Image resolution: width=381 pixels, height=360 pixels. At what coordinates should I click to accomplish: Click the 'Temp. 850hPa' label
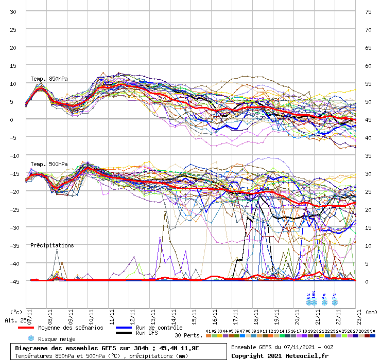click(49, 79)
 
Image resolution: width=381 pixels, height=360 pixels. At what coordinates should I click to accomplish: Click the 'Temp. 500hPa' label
click(49, 164)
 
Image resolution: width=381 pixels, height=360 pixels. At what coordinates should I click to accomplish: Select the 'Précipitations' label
click(52, 245)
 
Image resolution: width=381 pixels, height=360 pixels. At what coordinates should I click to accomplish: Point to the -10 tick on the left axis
click(13, 155)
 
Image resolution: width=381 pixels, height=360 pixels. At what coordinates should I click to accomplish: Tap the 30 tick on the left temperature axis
click(13, 11)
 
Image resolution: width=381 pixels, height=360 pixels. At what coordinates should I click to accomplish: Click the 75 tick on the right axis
click(368, 11)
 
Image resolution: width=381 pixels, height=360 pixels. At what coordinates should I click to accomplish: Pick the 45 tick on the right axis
click(368, 120)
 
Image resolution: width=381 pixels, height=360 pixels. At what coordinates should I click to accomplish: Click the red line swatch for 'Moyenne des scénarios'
click(33, 328)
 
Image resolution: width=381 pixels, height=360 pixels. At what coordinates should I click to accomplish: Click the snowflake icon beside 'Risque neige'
click(30, 338)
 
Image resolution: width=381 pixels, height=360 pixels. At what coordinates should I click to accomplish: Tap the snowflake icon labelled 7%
click(335, 302)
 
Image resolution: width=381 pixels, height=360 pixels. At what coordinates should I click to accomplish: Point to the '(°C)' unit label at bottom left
click(16, 312)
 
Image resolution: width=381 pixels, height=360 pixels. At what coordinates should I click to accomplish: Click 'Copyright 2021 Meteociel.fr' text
click(273, 355)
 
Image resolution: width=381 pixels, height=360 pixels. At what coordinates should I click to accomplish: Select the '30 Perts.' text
click(188, 335)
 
